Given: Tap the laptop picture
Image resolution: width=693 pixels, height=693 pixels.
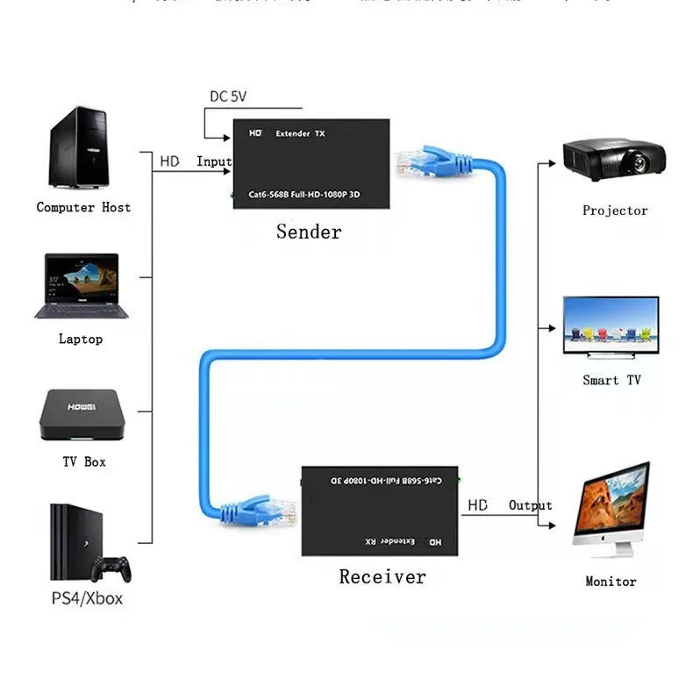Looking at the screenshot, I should click(81, 286).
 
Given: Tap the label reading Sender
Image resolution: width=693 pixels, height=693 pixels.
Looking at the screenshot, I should click(309, 232).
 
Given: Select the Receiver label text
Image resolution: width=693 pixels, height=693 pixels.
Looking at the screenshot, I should click(382, 577).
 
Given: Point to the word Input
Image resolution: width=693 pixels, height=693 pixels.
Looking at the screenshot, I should click(214, 161).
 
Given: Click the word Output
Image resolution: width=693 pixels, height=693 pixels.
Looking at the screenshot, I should click(530, 505).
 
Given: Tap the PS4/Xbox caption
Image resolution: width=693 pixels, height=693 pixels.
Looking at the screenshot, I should click(86, 599).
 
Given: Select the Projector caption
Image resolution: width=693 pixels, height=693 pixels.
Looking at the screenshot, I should click(615, 211).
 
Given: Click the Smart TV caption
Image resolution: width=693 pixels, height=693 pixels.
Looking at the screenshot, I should click(611, 381).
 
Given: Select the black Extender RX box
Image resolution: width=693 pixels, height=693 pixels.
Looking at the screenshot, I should click(381, 510).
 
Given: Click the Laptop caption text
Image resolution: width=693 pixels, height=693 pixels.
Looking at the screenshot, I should click(81, 339).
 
